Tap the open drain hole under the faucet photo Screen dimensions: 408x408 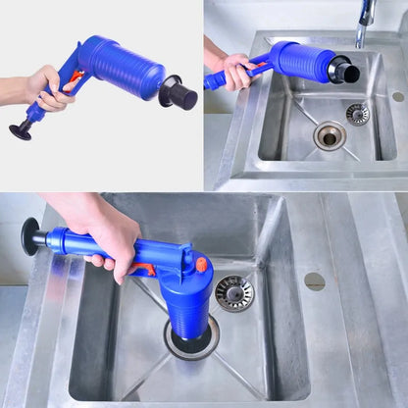(330, 135)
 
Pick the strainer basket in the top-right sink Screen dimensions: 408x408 (358, 114)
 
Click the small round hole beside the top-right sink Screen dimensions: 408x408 (397, 97)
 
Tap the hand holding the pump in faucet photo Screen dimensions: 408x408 (235, 69)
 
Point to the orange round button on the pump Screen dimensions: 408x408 (202, 265)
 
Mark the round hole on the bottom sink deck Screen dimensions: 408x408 (315, 281)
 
